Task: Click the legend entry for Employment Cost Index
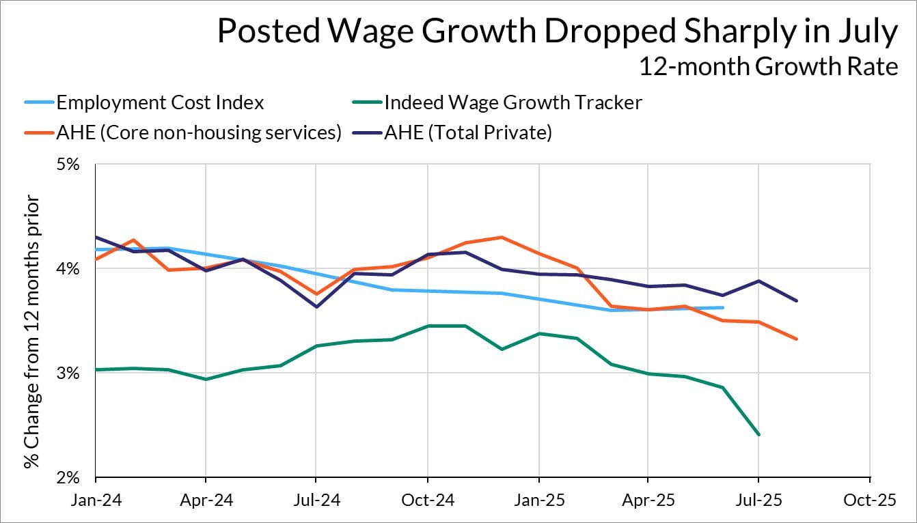click(x=160, y=102)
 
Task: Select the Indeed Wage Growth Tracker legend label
click(x=512, y=102)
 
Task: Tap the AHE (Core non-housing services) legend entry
click(x=199, y=132)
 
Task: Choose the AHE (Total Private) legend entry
click(x=467, y=132)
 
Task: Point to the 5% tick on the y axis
click(x=68, y=165)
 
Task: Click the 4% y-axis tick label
click(x=68, y=269)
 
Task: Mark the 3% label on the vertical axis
click(x=68, y=373)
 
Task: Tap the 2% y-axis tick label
click(x=68, y=478)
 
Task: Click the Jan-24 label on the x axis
click(x=96, y=500)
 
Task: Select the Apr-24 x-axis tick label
click(x=206, y=500)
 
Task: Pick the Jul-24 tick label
click(x=316, y=500)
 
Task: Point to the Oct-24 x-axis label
click(x=427, y=500)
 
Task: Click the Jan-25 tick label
click(x=538, y=500)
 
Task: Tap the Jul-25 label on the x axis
click(x=758, y=500)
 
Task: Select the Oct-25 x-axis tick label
click(x=869, y=500)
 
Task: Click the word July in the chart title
click(x=864, y=33)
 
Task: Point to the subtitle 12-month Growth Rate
click(x=768, y=67)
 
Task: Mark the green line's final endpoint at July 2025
click(x=758, y=434)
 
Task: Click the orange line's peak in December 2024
click(x=502, y=238)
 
